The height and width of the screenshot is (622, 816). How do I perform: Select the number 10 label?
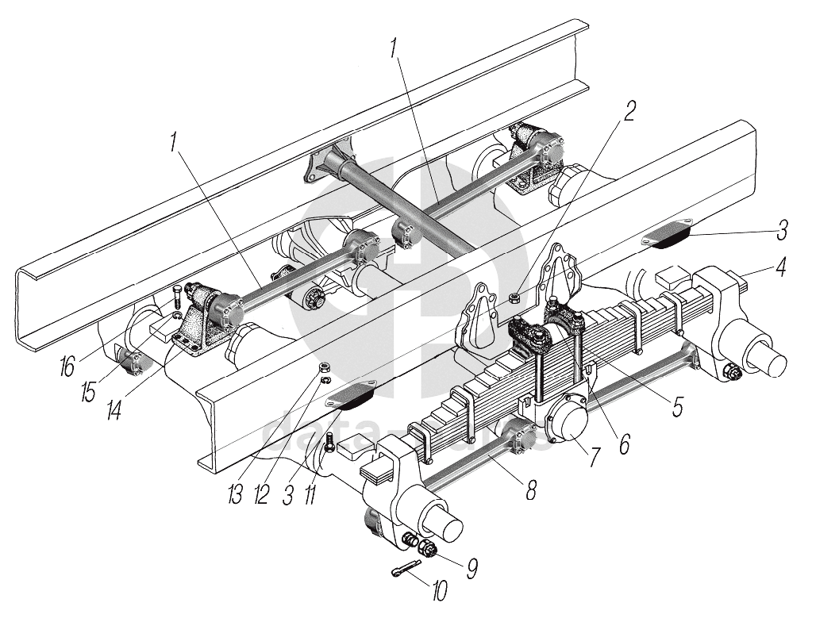(438, 590)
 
